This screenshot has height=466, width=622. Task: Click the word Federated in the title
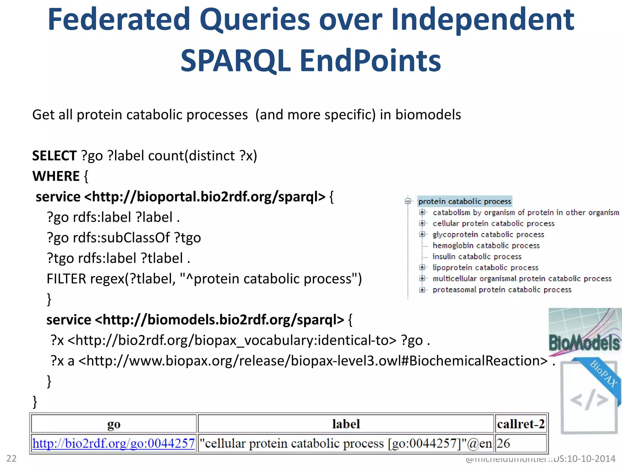118,20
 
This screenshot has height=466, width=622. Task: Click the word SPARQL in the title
235,61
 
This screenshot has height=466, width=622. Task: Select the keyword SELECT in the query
54,156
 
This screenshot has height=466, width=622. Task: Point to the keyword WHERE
56,176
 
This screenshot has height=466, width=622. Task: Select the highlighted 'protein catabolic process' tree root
465,201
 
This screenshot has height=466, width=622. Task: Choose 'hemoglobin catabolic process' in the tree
486,245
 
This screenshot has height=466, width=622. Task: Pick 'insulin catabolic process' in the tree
477,257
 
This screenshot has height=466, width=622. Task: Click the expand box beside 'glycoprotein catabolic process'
422,234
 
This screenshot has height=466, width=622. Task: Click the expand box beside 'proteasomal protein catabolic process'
422,290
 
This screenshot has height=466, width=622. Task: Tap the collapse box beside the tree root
408,201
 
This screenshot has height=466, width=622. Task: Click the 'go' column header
114,424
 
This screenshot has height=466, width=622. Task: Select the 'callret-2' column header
521,424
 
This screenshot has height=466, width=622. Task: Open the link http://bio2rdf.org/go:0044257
114,444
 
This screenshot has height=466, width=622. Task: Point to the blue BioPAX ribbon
603,375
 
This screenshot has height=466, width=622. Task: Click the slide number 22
12,458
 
